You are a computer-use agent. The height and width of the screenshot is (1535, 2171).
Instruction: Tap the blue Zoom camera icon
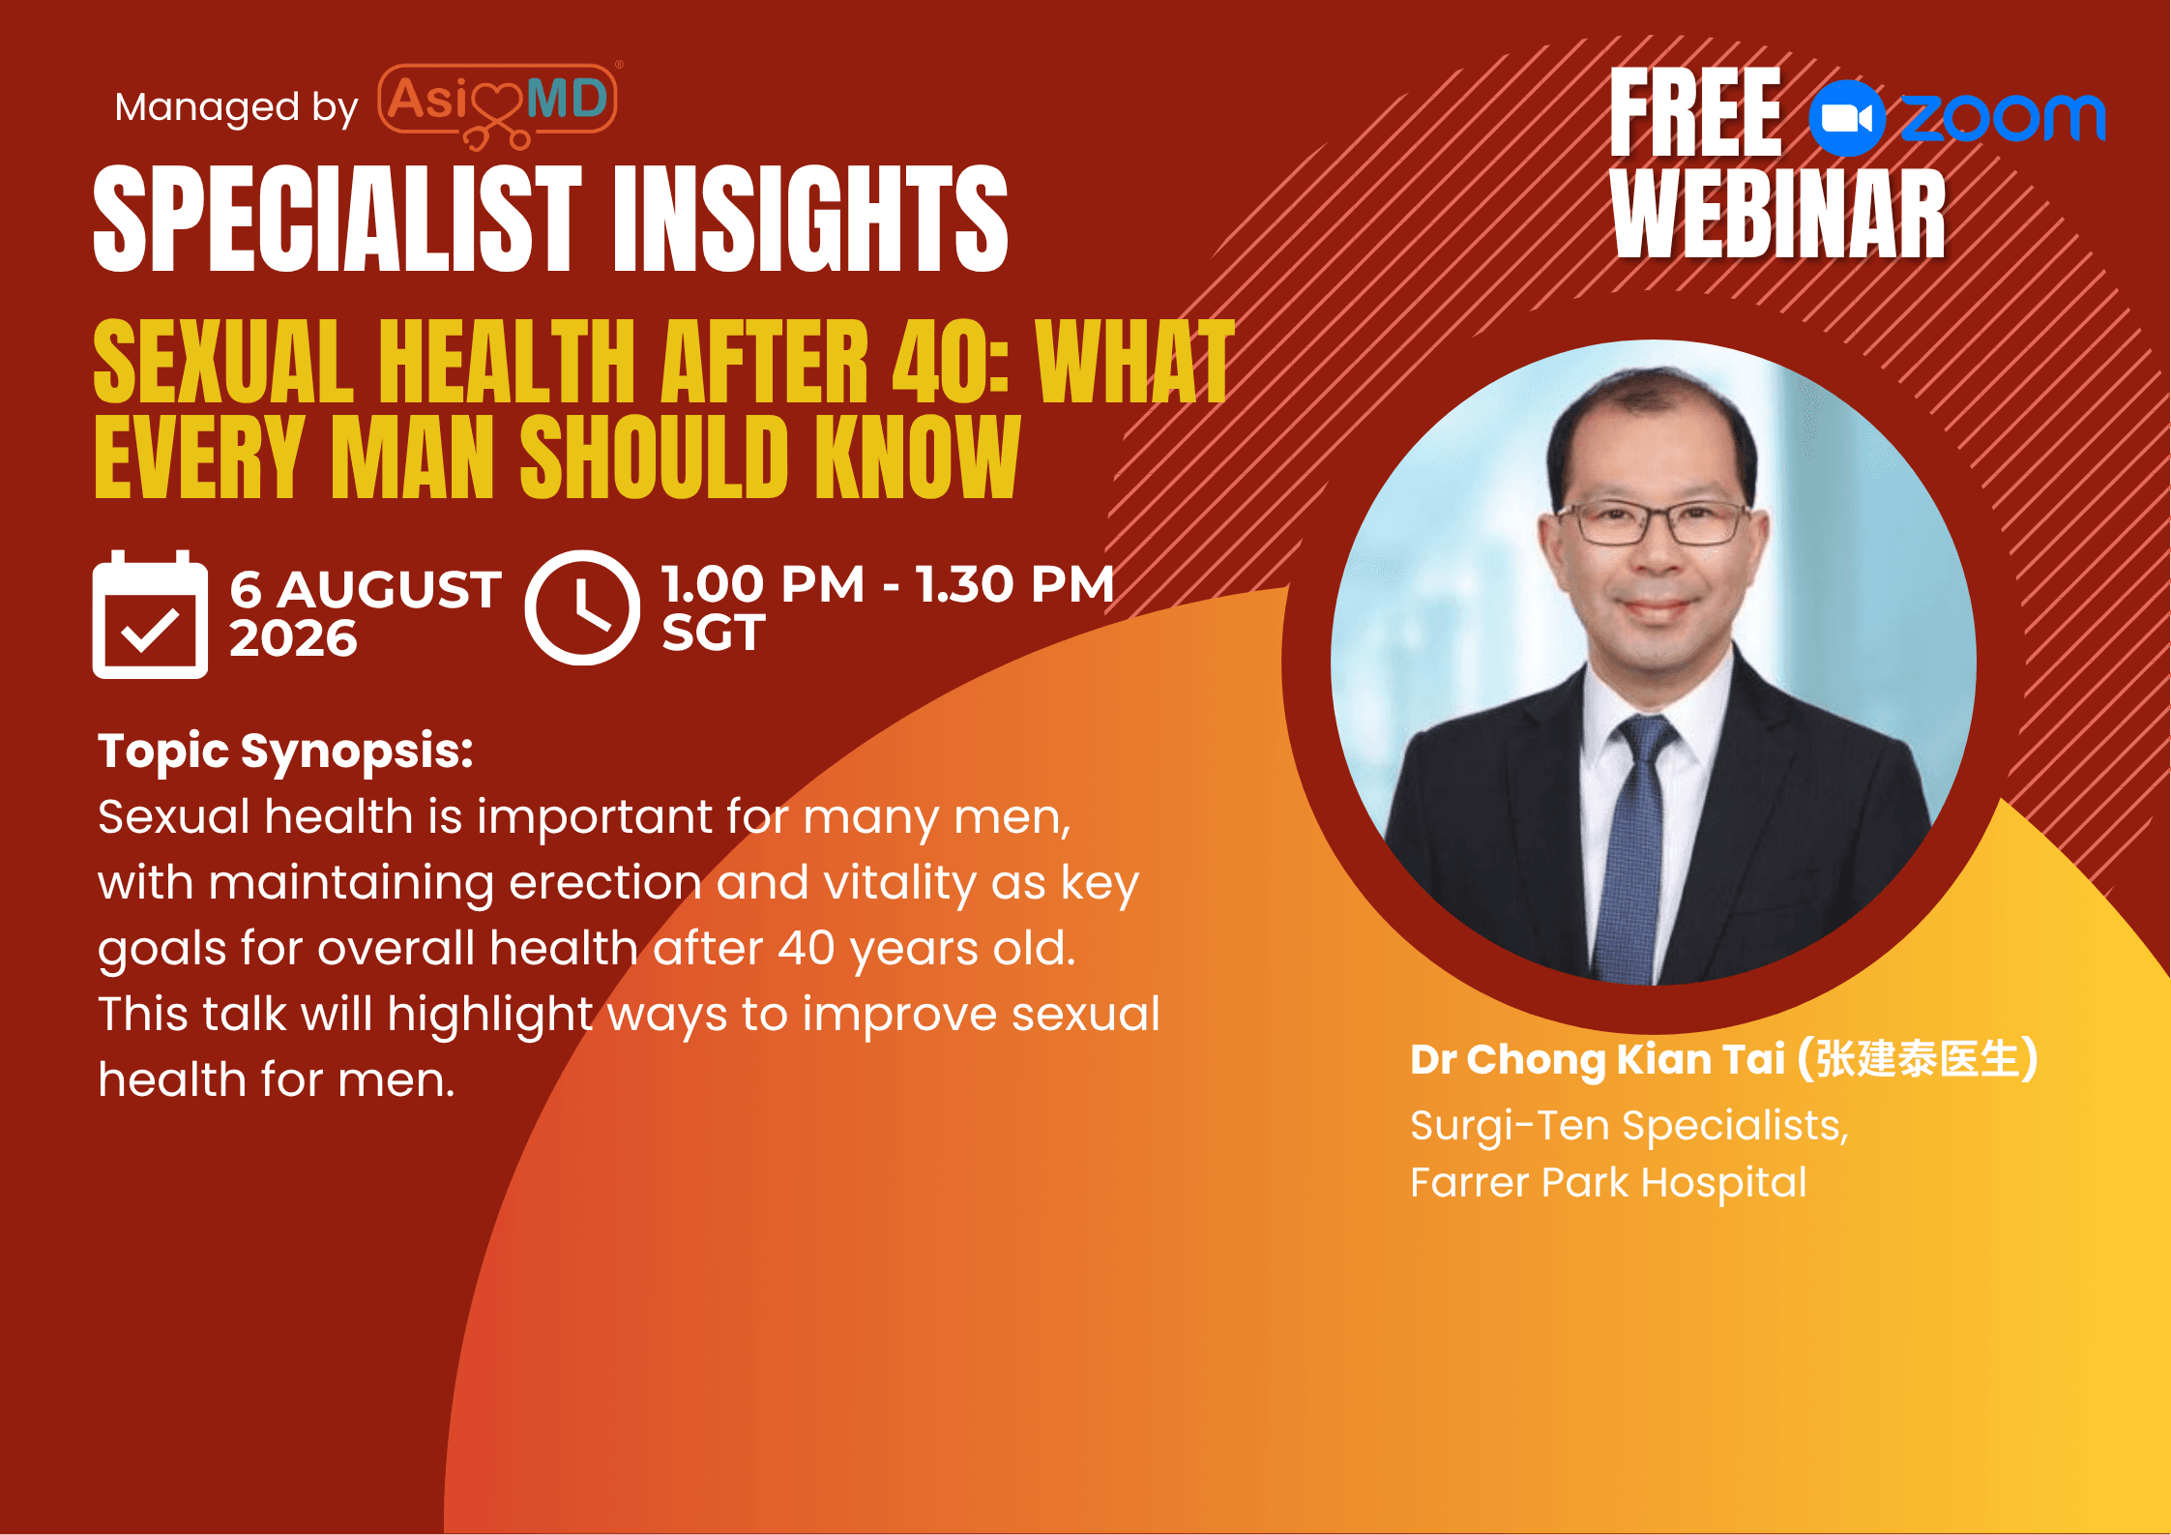1847,118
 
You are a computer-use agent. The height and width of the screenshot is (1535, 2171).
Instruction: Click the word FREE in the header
1695,112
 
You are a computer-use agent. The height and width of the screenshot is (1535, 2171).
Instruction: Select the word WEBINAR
1778,214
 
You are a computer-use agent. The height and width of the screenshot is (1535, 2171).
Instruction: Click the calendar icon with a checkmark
150,614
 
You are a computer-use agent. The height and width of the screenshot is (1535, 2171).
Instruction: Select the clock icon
582,607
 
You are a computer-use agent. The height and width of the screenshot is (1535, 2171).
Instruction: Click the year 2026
293,638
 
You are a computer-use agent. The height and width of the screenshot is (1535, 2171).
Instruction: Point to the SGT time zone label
714,633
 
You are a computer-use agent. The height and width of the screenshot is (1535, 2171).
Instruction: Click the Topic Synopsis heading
286,752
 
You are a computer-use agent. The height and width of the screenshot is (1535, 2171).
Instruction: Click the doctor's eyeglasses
1662,522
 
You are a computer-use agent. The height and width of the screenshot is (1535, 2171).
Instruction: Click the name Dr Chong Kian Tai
1597,1059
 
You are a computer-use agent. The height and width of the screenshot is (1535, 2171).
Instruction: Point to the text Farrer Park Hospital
1608,1183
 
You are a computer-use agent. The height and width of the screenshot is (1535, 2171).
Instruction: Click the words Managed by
236,108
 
